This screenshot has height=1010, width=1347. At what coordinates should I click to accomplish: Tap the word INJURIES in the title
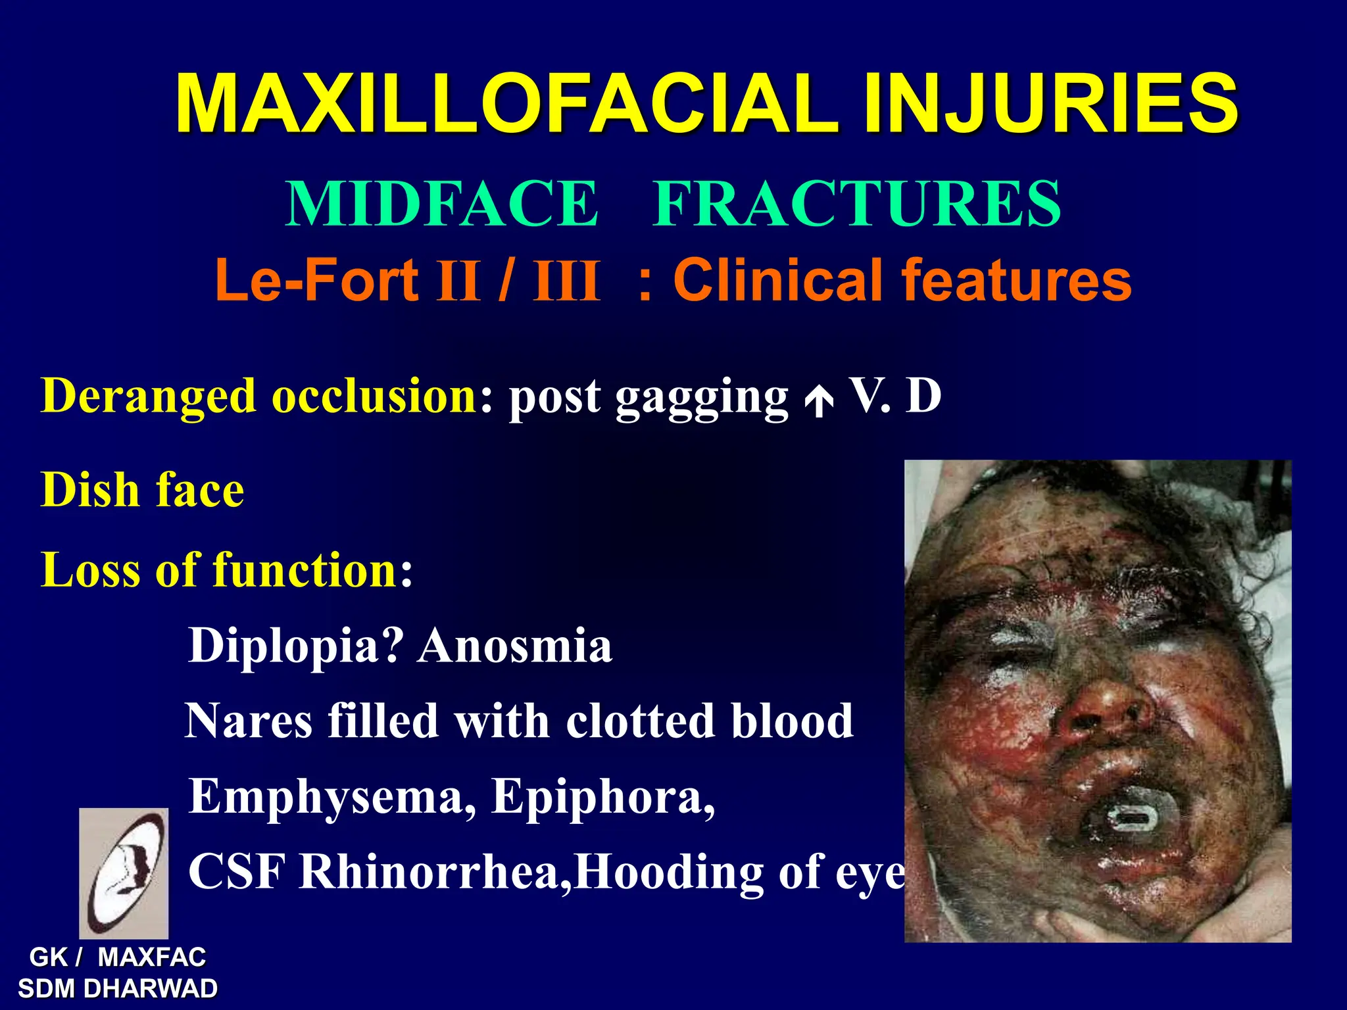point(1050,104)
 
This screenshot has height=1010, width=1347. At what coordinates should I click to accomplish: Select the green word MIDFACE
point(442,204)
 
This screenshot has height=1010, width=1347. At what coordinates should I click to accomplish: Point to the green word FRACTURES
point(856,204)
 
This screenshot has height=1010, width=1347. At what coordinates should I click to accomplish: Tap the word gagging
point(701,398)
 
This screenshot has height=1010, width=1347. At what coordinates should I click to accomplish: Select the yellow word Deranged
point(148,397)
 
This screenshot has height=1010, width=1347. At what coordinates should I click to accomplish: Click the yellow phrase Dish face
point(142,490)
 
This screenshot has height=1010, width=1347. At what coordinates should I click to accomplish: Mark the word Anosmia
point(515,646)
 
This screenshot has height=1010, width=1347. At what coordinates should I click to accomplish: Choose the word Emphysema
point(333,798)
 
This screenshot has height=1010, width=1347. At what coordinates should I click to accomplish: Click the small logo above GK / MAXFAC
point(124,873)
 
